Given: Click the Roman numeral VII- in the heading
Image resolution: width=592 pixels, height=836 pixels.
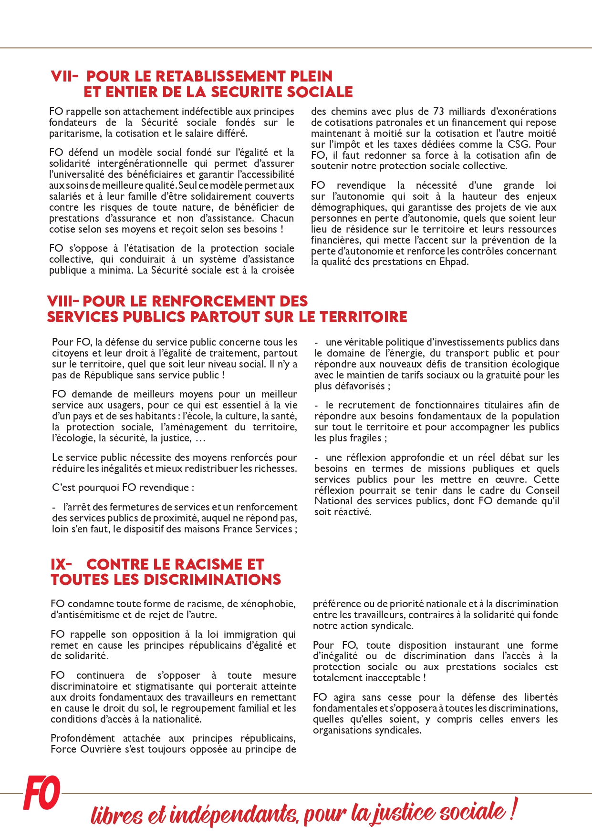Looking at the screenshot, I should coord(64,76).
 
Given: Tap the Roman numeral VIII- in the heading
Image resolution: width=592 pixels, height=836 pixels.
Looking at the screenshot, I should coord(62,301).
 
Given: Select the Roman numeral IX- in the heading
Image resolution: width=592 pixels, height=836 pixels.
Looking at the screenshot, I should coord(61,564).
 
